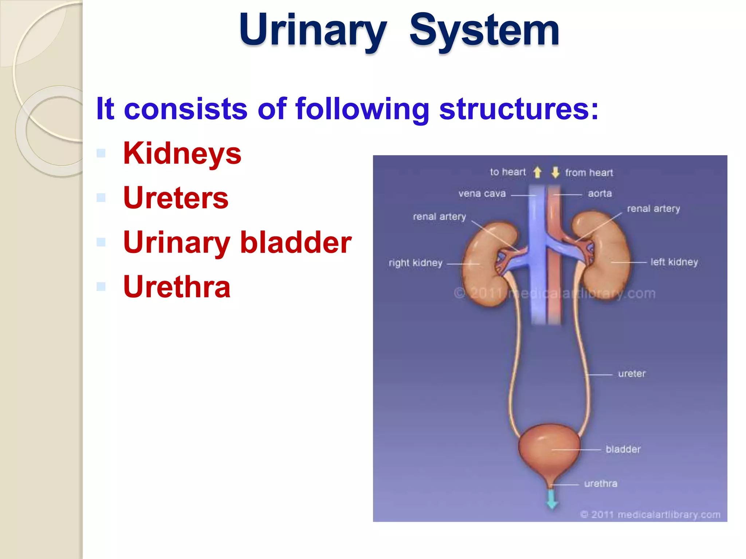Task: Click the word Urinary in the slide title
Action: coord(313,30)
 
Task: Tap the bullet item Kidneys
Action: coord(182,153)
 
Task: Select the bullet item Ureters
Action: coord(176,198)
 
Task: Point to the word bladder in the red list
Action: coord(296,242)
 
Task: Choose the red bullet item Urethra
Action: coord(177,287)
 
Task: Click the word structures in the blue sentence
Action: coord(518,108)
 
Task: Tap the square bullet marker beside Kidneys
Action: coord(101,153)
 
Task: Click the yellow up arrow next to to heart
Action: coord(537,172)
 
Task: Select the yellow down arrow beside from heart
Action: coord(555,172)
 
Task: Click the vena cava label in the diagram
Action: coord(482,194)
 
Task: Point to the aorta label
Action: coord(600,194)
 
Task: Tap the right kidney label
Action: coord(415,263)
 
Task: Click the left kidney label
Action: coord(674,262)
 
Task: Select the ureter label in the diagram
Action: coord(632,374)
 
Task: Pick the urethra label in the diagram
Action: coord(601,484)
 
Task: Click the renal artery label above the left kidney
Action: coord(653,209)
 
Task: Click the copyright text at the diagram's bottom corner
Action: coord(650,515)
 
